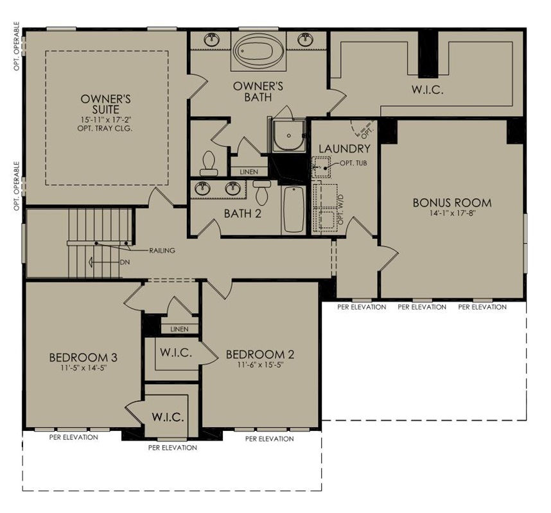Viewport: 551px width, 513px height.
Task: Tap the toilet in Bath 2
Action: [261, 192]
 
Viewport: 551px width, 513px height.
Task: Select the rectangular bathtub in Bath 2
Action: [293, 210]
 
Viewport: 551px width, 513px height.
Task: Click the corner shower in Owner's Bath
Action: [289, 135]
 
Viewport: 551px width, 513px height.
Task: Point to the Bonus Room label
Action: [452, 203]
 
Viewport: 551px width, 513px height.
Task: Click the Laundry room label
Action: [344, 149]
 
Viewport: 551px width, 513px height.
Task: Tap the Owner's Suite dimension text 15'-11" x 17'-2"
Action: [105, 120]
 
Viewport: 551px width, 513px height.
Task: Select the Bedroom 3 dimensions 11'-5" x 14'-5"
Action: [83, 367]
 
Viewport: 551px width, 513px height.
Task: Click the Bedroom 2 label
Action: [260, 355]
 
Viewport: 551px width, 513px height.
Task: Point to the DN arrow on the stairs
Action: [103, 262]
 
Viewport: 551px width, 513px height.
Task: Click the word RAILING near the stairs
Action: [162, 251]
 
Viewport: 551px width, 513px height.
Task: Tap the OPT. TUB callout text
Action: [353, 163]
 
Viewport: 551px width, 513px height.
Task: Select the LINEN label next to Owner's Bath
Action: [249, 172]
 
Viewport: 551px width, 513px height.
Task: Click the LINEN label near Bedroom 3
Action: [179, 329]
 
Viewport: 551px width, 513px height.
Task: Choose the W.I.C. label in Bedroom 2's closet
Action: [176, 352]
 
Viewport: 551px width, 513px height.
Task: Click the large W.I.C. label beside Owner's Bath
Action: [427, 90]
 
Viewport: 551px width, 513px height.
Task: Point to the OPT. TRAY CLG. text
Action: [105, 128]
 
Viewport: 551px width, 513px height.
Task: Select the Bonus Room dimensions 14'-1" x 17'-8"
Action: [452, 213]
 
